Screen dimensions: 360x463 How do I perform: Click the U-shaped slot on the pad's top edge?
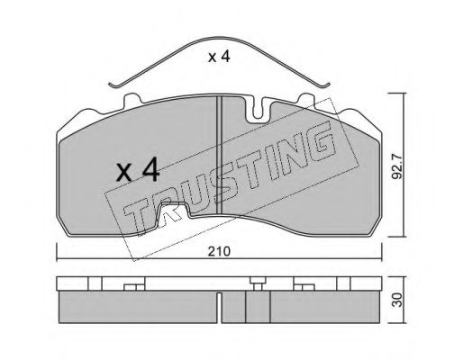click(x=261, y=112)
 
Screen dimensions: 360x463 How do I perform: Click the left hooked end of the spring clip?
click(x=113, y=85)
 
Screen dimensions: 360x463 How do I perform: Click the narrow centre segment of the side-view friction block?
click(x=259, y=307)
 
